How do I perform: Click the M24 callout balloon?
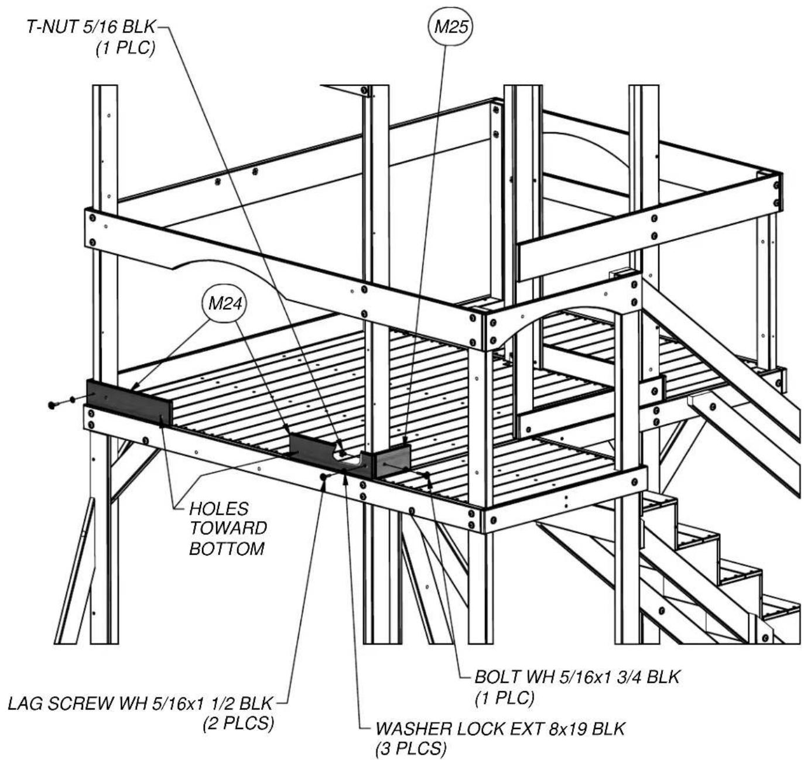(225, 303)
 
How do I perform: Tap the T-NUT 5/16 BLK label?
(91, 27)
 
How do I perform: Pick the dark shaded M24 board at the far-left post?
(129, 402)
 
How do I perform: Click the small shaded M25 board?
(392, 461)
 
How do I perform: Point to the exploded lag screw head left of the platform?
(52, 405)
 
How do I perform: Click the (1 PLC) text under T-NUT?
(125, 48)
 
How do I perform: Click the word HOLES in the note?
(219, 508)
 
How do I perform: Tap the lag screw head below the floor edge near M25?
(323, 476)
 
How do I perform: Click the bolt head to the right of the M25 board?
(427, 474)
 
